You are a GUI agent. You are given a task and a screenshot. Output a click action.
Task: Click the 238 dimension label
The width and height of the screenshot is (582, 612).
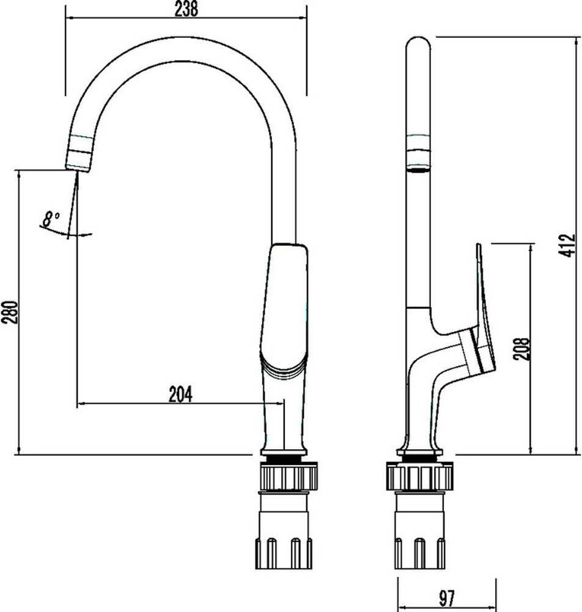pyautogui.click(x=186, y=9)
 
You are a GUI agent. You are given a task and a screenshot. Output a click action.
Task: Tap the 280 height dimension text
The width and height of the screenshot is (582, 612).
pyautogui.click(x=9, y=312)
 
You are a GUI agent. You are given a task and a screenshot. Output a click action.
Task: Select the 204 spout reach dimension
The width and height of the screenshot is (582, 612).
pyautogui.click(x=180, y=394)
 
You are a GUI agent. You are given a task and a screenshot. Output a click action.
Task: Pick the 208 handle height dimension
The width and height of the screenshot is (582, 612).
pyautogui.click(x=521, y=349)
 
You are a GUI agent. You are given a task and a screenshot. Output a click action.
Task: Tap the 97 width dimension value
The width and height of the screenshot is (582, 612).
pyautogui.click(x=447, y=597)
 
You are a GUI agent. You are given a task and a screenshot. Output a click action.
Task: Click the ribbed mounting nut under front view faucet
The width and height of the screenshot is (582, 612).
pyautogui.click(x=289, y=476)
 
